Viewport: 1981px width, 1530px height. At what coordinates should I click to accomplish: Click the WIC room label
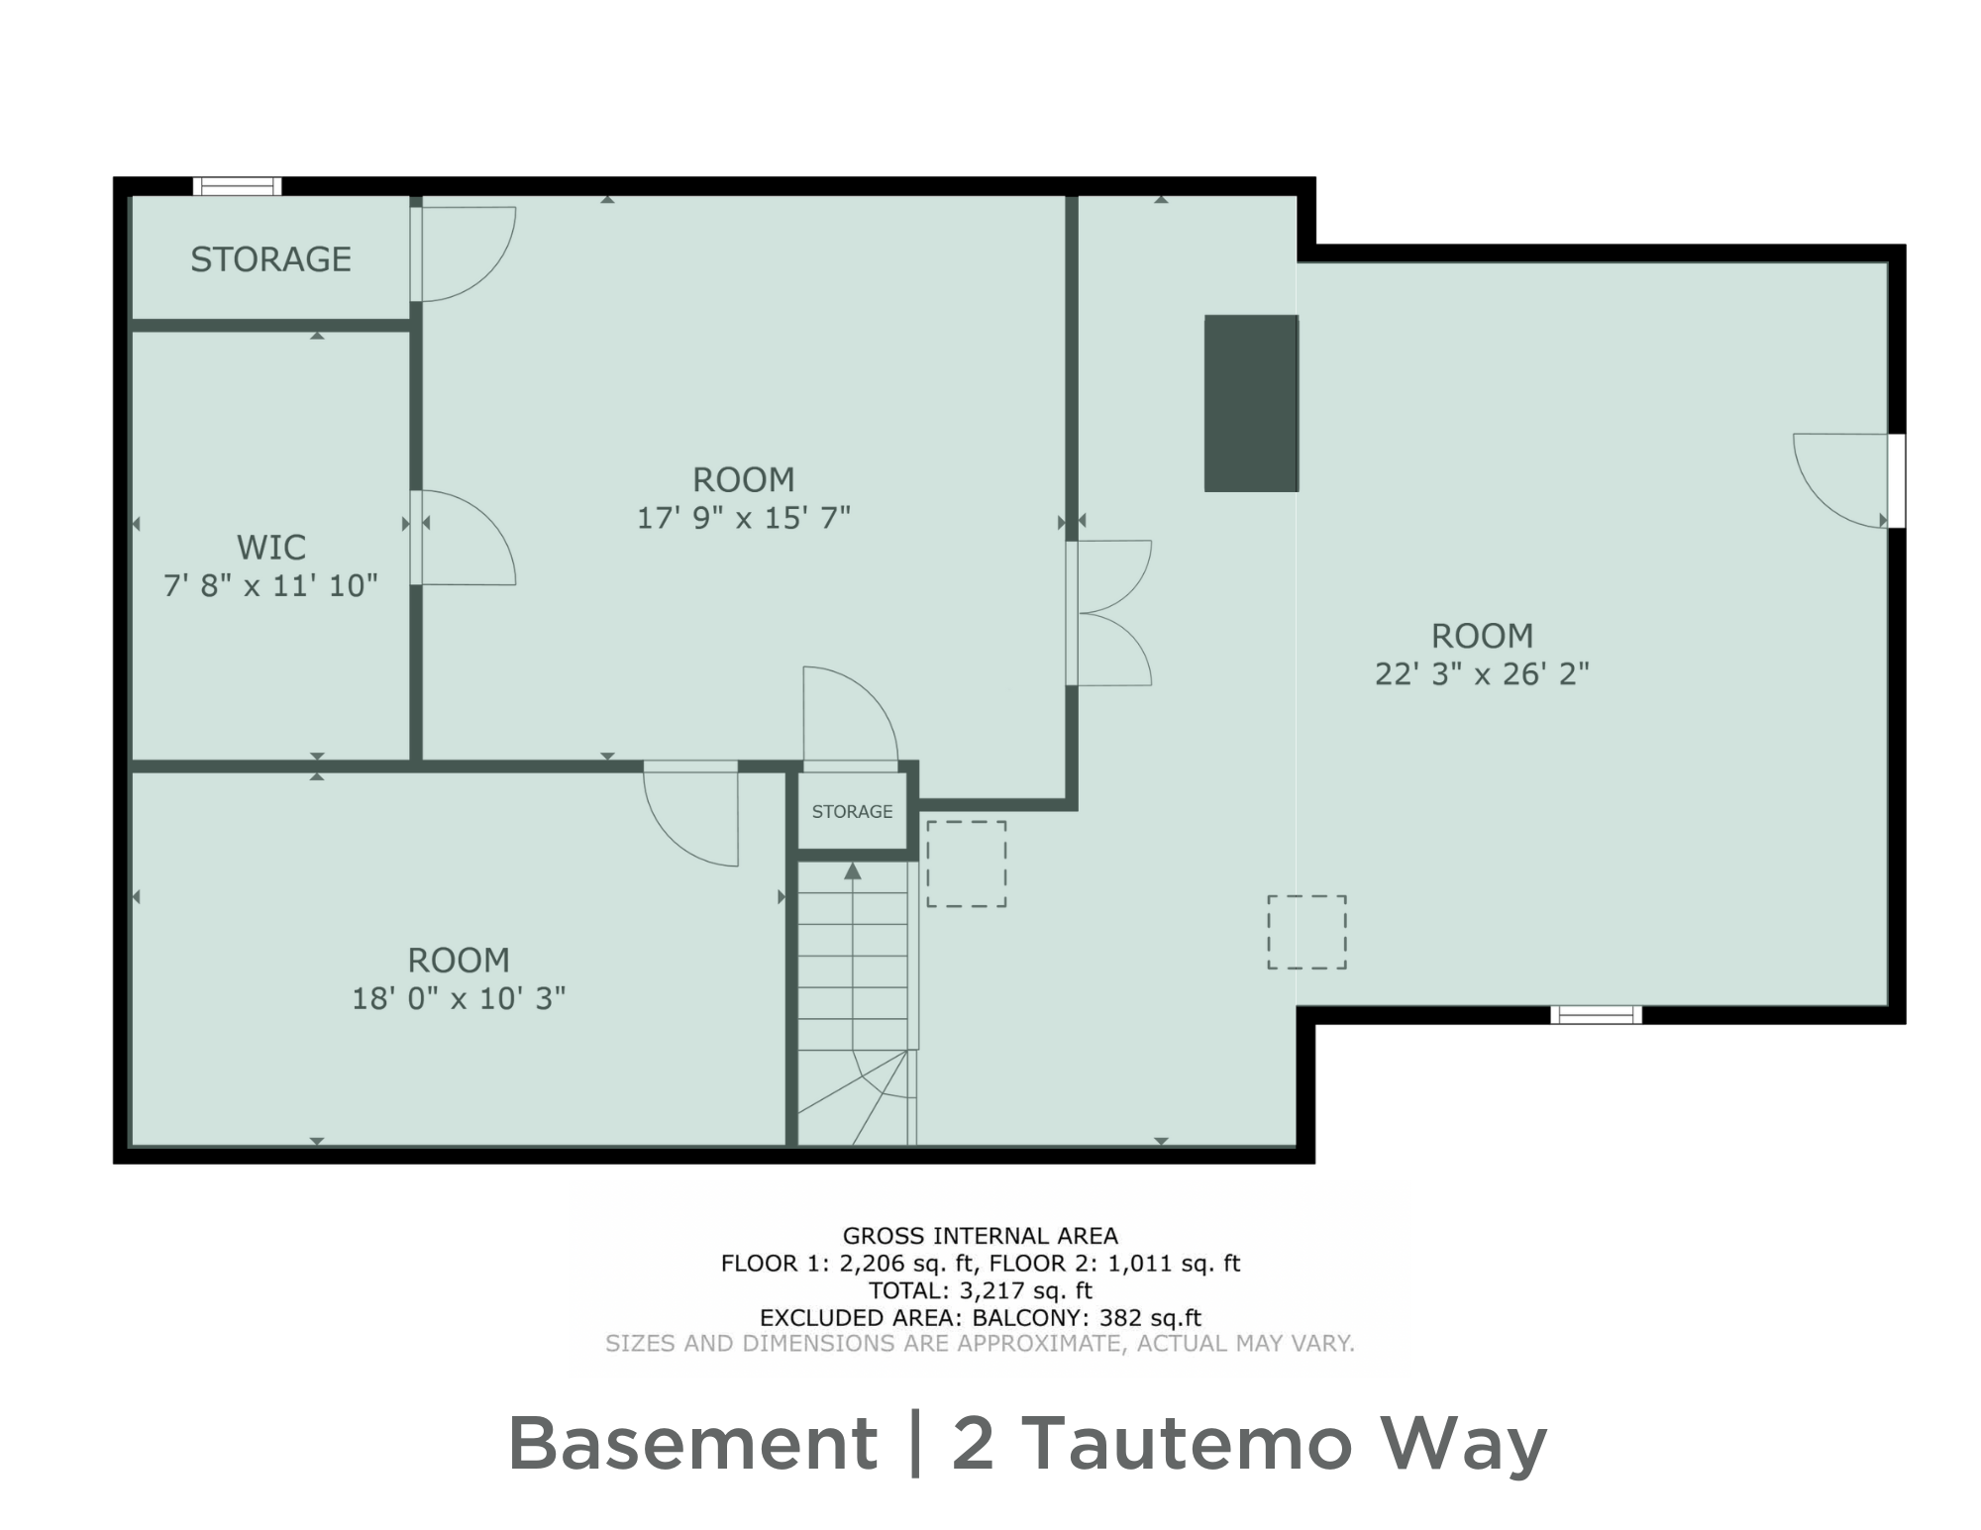point(270,547)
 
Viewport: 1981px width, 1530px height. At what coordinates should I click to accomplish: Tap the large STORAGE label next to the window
point(270,259)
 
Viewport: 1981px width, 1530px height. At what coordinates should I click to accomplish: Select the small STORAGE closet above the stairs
point(852,812)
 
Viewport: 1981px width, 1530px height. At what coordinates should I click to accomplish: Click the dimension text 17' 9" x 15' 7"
point(743,518)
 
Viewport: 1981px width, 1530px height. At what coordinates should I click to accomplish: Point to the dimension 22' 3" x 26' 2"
point(1482,674)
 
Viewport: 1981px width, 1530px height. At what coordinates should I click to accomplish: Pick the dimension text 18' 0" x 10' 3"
point(459,998)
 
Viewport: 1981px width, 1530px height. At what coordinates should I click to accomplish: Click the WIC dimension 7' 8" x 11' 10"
point(270,586)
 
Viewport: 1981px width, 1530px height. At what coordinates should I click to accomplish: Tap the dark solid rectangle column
point(1250,403)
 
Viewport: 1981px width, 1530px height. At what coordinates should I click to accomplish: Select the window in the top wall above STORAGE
point(237,186)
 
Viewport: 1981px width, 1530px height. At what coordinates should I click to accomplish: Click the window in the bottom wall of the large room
point(1596,1014)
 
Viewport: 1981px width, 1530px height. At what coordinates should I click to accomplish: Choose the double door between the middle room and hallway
point(1109,613)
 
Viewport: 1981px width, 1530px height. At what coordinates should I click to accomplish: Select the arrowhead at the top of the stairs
point(852,871)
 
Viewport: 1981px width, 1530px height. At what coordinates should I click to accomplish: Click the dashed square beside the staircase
point(966,864)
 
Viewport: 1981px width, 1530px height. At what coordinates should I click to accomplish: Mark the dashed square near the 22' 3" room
point(1306,932)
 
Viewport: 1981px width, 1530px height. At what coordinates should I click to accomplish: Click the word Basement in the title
point(692,1444)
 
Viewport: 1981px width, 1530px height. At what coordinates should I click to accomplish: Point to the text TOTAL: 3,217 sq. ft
point(980,1290)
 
